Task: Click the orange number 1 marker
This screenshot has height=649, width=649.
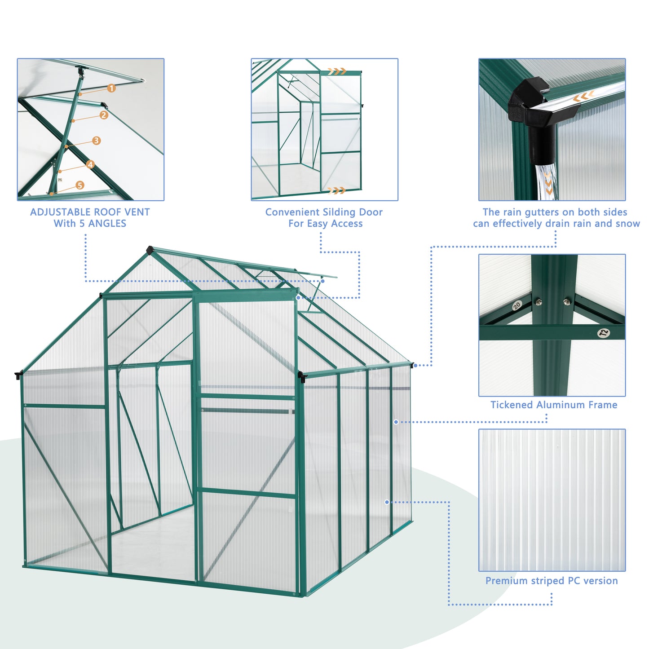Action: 111,88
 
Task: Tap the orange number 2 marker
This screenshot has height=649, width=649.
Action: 104,115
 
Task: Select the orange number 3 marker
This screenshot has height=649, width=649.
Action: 96,141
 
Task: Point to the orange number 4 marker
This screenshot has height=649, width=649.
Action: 90,165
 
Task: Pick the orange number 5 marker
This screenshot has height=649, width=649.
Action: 80,185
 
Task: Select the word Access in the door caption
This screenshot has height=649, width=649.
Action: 347,224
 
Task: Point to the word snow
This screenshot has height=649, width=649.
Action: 627,224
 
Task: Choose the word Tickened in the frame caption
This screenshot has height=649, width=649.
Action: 511,405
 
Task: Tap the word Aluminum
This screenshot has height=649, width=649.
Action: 561,405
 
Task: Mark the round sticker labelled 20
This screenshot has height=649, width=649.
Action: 517,306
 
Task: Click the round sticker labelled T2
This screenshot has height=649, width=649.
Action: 604,333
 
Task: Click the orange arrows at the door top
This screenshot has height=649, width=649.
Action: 337,71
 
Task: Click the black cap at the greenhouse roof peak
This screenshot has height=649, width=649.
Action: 150,249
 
